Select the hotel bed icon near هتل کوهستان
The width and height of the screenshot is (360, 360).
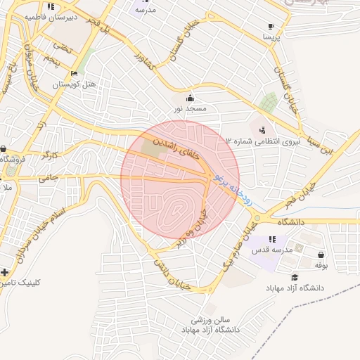coord(74,73)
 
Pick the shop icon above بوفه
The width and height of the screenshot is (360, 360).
coord(321,255)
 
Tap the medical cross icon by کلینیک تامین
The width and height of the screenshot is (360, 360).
coord(5,271)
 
